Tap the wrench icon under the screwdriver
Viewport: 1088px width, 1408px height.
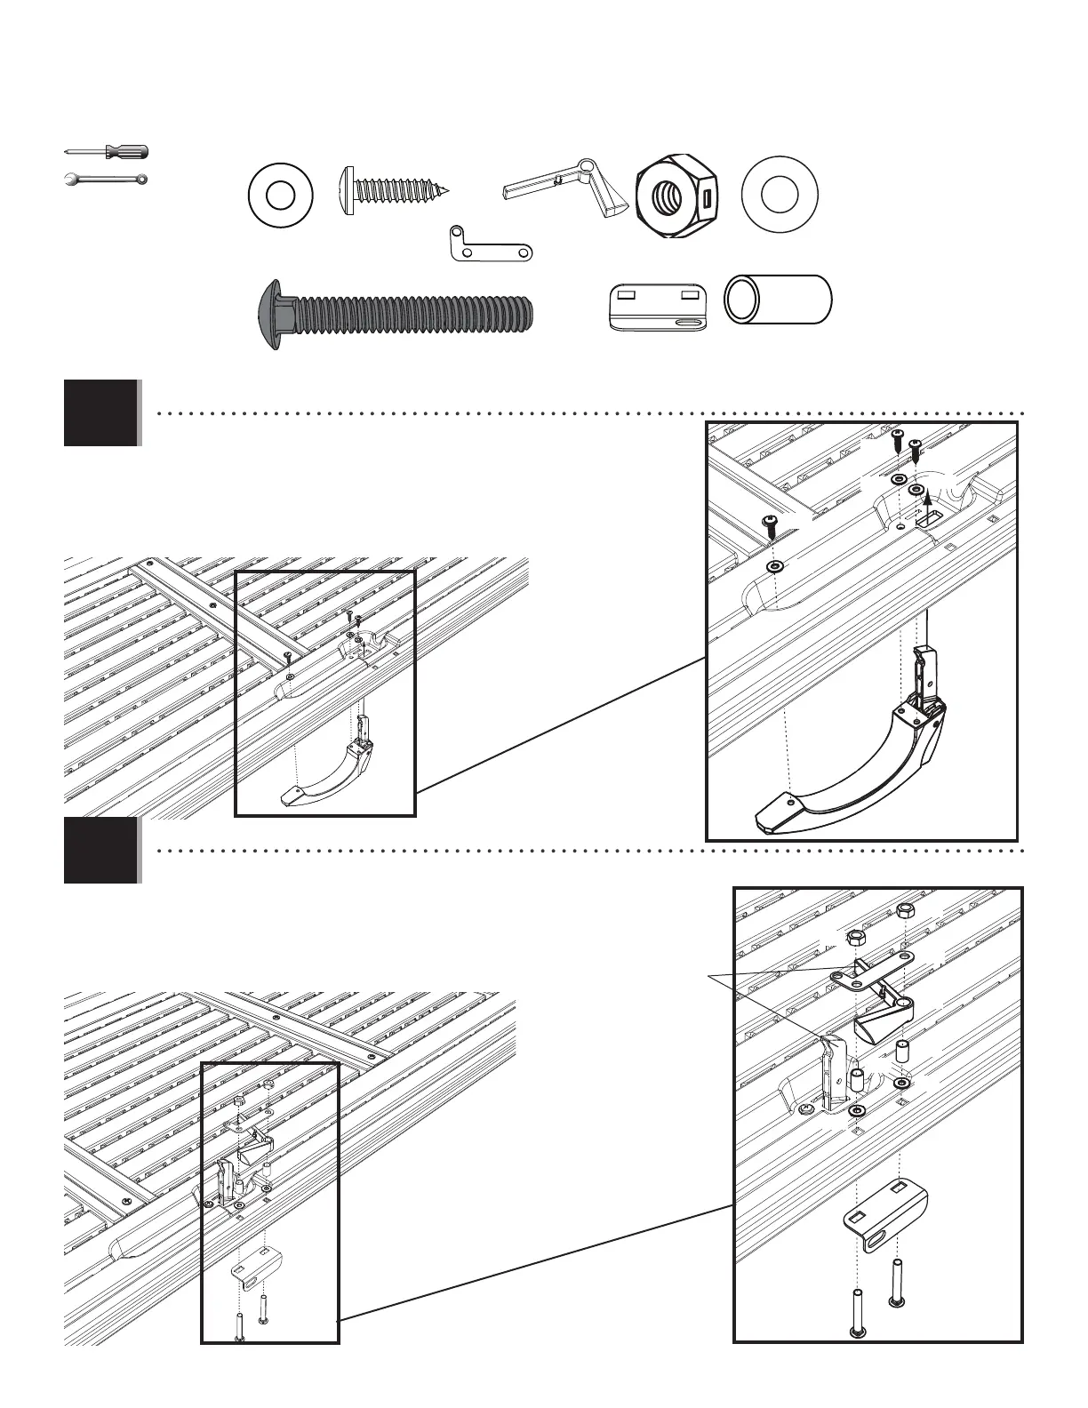click(x=108, y=180)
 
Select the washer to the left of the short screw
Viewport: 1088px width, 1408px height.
click(x=280, y=193)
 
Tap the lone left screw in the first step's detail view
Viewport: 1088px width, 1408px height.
click(x=772, y=526)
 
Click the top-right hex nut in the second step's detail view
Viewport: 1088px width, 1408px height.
click(x=904, y=911)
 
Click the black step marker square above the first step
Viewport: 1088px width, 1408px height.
click(x=101, y=412)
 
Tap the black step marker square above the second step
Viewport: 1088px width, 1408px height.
click(x=101, y=850)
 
